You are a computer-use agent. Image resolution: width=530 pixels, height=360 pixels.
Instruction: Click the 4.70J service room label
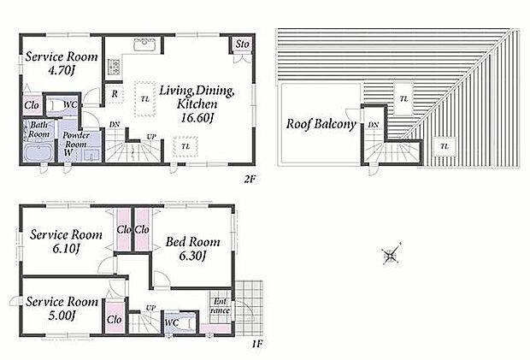[62, 63]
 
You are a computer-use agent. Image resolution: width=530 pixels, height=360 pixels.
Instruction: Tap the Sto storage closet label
[243, 44]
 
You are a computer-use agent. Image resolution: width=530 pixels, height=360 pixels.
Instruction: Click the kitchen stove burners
[114, 67]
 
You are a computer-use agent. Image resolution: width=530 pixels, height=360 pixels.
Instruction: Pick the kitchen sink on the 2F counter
[145, 45]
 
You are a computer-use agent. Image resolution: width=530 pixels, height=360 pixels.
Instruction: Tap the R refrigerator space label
[115, 93]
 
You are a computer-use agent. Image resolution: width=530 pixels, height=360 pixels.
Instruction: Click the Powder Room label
[76, 139]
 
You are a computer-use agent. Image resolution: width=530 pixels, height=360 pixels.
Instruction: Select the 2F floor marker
[250, 179]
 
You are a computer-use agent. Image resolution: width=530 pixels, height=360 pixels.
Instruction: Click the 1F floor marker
[257, 344]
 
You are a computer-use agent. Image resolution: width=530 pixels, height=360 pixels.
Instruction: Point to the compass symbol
[391, 254]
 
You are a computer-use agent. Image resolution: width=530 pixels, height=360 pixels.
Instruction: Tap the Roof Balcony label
[321, 124]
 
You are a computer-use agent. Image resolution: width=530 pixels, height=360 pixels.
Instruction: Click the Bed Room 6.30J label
[192, 249]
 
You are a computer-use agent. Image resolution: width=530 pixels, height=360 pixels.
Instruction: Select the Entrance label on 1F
[220, 305]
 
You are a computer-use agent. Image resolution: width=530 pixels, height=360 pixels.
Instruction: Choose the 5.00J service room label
[62, 308]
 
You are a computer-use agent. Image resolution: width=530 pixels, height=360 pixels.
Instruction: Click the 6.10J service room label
[66, 241]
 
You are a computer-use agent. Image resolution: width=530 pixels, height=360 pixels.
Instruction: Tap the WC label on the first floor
[171, 322]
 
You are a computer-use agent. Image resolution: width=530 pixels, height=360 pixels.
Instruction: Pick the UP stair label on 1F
[150, 308]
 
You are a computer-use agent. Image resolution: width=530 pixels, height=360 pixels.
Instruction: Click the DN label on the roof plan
[374, 125]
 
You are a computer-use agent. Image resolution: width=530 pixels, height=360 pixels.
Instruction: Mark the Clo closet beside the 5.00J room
[115, 319]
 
